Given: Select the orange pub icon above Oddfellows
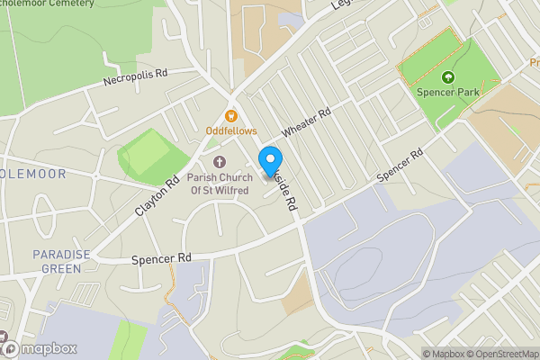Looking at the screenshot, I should pyautogui.click(x=231, y=115).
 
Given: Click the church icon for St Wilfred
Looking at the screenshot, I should pyautogui.click(x=220, y=162).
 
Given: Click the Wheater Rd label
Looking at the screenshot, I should pyautogui.click(x=306, y=123).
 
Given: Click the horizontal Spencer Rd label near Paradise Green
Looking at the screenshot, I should pyautogui.click(x=162, y=258).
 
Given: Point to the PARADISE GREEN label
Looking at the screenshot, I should pyautogui.click(x=62, y=261).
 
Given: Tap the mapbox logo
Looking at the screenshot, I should pyautogui.click(x=40, y=348).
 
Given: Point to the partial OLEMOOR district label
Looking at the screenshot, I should pyautogui.click(x=33, y=173).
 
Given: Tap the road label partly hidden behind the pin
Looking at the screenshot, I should pyautogui.click(x=286, y=189).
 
